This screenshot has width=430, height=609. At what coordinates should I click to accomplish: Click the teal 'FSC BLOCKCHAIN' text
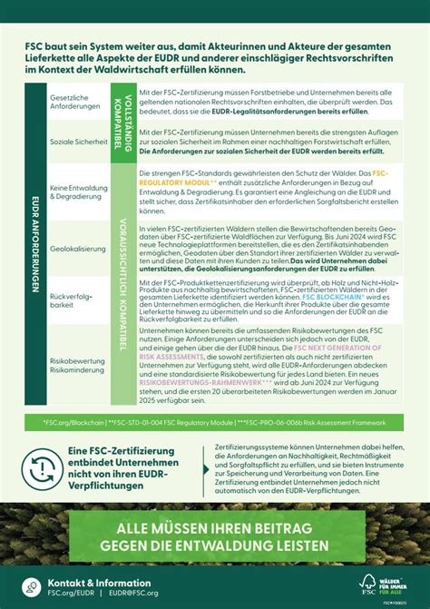(333, 296)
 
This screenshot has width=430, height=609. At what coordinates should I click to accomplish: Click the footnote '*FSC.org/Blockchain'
(69, 422)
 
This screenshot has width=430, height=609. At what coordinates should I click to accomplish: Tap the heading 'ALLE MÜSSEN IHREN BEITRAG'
(214, 529)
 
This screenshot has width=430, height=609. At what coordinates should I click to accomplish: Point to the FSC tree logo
(368, 583)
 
